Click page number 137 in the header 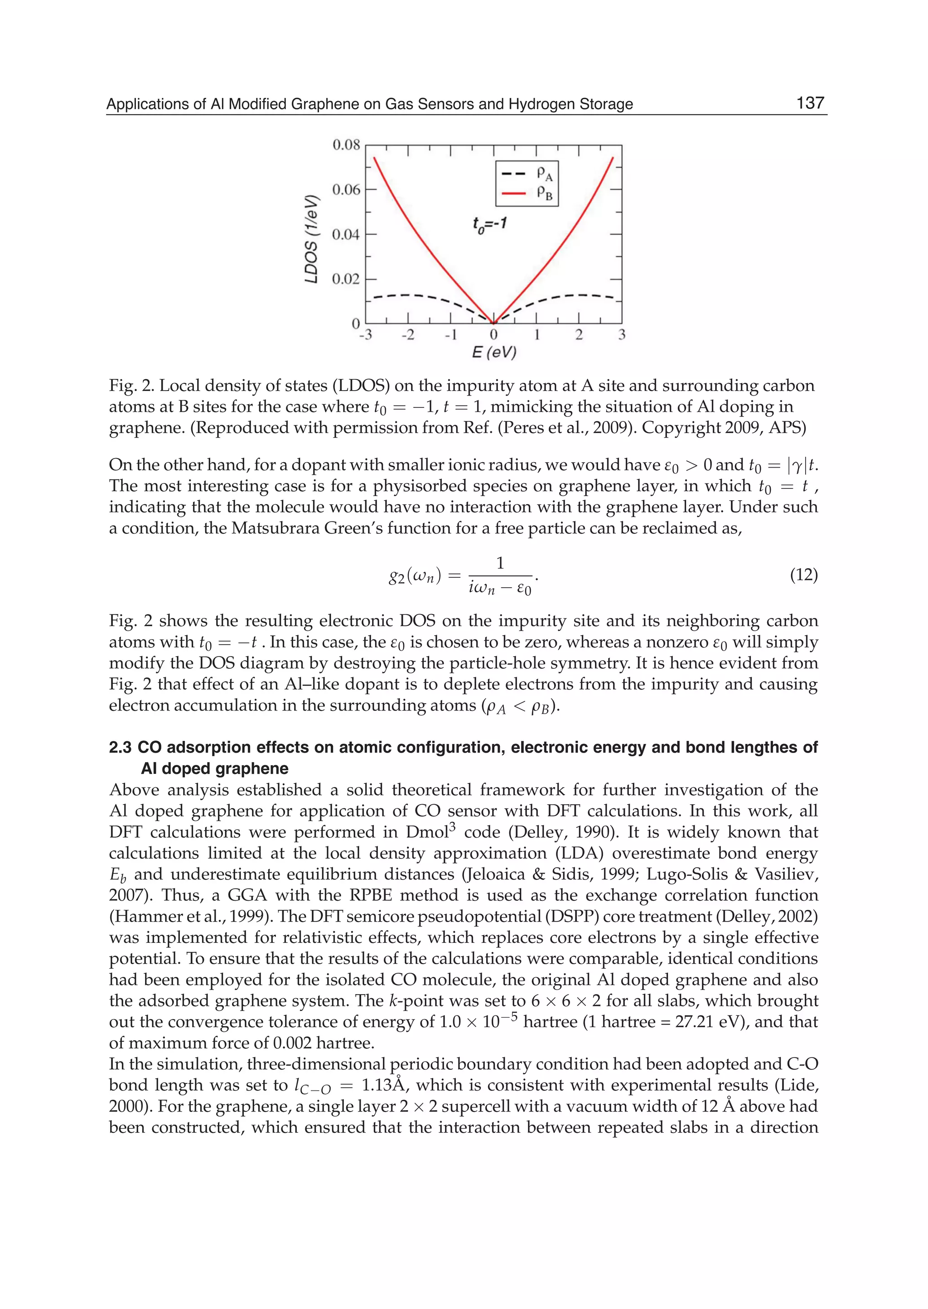[810, 103]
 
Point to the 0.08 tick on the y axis [346, 145]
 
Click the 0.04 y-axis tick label [346, 234]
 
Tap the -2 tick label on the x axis [407, 335]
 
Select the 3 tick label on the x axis [622, 335]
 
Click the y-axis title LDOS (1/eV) [311, 239]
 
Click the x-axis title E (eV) [494, 353]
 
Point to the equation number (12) [803, 575]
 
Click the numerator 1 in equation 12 [500, 563]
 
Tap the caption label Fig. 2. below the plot [131, 386]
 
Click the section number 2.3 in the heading [121, 747]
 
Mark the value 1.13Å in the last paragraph [383, 1084]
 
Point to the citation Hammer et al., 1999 [167, 917]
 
